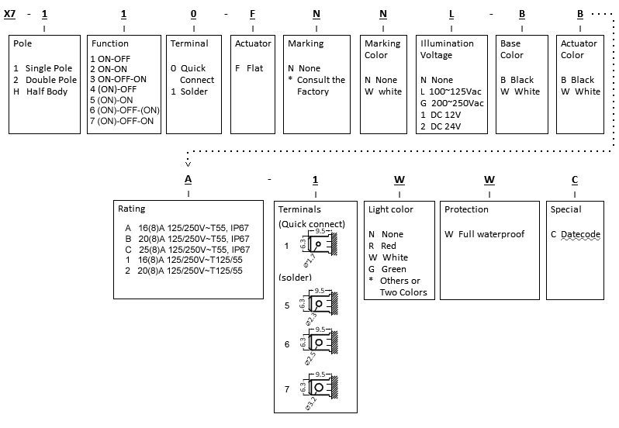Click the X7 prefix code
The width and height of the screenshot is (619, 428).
10,14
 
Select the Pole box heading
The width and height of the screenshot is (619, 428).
22,44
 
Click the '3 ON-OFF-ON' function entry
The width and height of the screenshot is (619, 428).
117,79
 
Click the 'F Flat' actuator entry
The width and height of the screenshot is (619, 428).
250,68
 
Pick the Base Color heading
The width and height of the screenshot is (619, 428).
511,50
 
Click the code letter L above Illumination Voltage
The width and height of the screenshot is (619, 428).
451,14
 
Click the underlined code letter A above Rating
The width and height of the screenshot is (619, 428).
188,180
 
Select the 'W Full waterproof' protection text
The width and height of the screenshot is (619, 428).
485,234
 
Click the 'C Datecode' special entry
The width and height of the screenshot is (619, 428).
576,234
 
